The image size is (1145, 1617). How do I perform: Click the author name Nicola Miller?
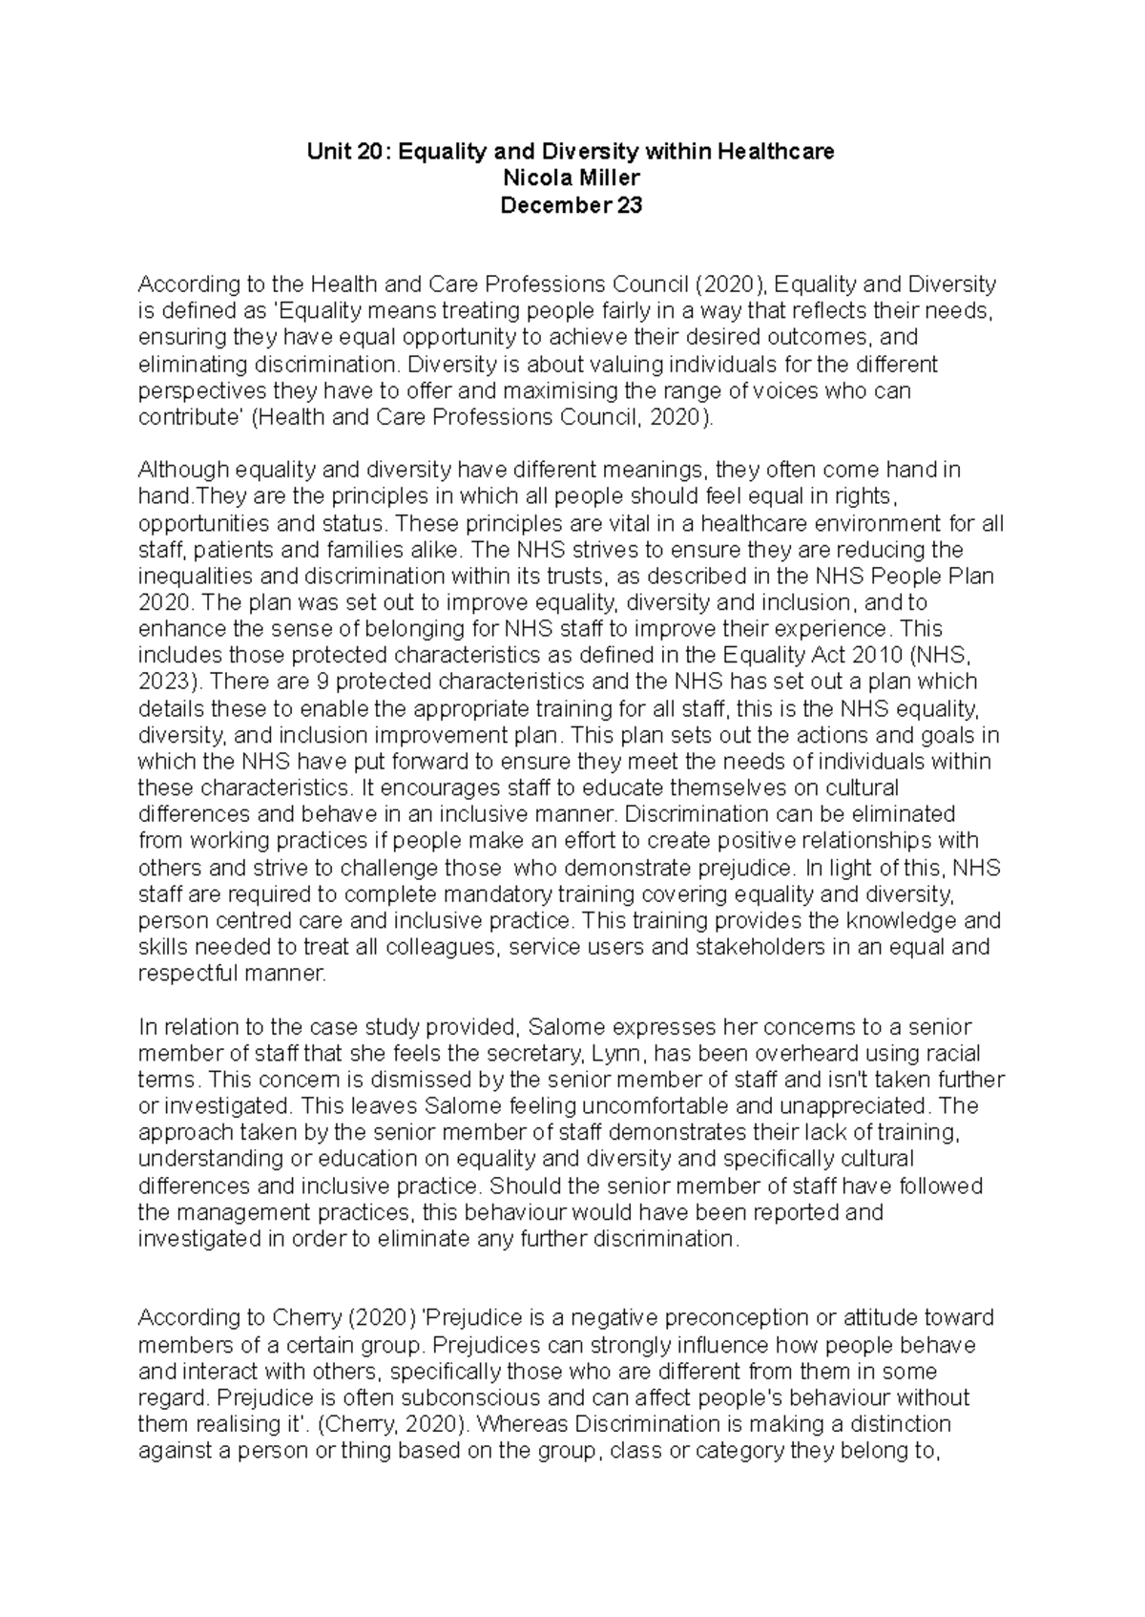[x=572, y=178]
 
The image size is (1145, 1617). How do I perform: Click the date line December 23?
[x=572, y=204]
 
